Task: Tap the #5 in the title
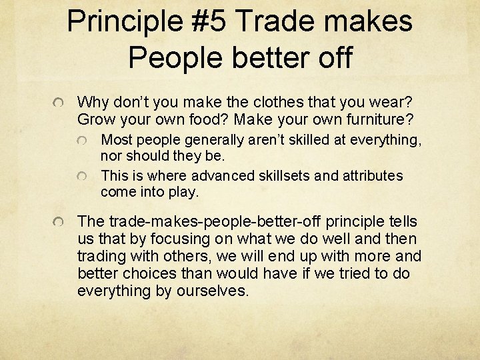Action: pos(206,21)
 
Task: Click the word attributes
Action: pos(372,176)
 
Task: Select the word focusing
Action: pos(176,239)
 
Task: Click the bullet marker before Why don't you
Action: pos(59,103)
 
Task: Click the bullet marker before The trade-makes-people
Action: pos(59,222)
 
